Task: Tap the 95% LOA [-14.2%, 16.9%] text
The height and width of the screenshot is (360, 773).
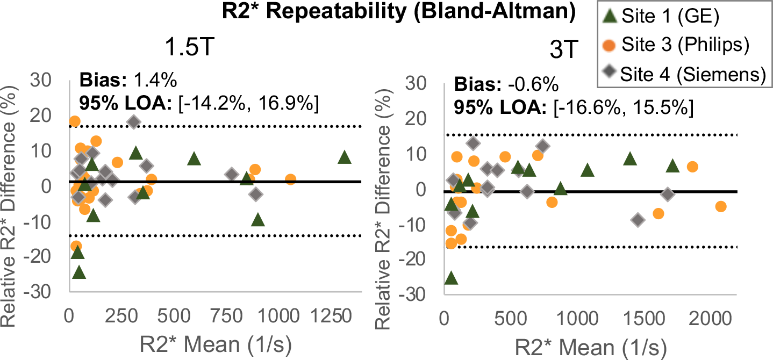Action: tap(199, 104)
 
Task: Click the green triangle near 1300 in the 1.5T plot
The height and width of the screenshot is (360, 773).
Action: tap(344, 157)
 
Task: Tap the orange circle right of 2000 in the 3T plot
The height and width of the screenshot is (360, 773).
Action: tap(721, 207)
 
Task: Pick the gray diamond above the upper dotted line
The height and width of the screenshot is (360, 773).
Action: tap(134, 122)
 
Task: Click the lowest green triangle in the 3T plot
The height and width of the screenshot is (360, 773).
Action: tap(451, 278)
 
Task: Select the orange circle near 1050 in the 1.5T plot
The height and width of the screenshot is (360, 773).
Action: tap(290, 179)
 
